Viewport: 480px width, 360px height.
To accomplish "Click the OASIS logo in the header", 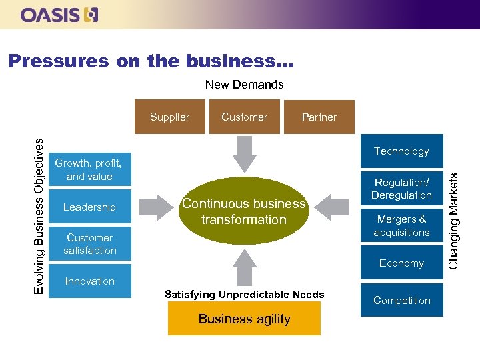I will (x=59, y=15).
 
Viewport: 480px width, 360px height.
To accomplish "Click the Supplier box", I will (x=169, y=117).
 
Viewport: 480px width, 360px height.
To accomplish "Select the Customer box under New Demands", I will (x=244, y=117).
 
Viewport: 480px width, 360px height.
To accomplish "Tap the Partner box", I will (x=319, y=117).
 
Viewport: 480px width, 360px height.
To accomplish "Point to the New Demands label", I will (x=244, y=85).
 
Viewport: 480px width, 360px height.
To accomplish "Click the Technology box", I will (x=401, y=151).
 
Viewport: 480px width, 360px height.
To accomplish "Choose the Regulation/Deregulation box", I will (x=401, y=189).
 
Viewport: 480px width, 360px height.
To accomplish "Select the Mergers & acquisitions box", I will (x=401, y=226).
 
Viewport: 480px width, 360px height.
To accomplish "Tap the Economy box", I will (x=401, y=263).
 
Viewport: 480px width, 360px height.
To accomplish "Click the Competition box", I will (x=401, y=301).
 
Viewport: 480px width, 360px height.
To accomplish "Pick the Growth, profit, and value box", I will (x=89, y=170).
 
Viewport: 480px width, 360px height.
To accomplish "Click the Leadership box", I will (x=89, y=207).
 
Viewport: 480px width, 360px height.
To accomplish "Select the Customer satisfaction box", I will (x=89, y=244).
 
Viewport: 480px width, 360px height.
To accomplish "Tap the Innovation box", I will (x=89, y=281).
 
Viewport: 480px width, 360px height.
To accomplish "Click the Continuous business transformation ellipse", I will (x=244, y=211).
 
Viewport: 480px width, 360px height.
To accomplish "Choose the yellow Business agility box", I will (x=244, y=319).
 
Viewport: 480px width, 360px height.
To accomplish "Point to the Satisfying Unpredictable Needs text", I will (x=244, y=295).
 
